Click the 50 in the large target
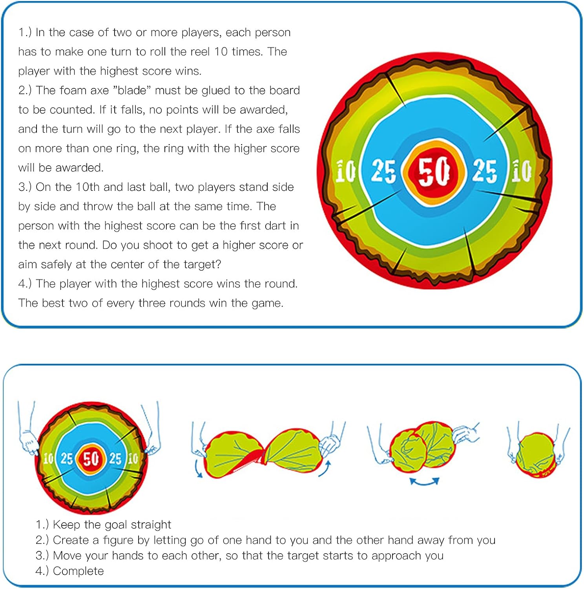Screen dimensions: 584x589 tap(434, 171)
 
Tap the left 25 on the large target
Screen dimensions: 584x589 tap(383, 171)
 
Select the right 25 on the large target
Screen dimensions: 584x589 tap(485, 171)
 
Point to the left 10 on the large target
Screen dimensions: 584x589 tap(345, 172)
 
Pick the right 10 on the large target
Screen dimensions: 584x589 tap(522, 171)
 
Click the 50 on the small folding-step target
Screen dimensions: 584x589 tap(91, 458)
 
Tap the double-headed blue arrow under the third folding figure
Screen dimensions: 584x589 tap(424, 481)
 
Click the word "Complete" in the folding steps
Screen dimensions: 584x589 tap(78, 571)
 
